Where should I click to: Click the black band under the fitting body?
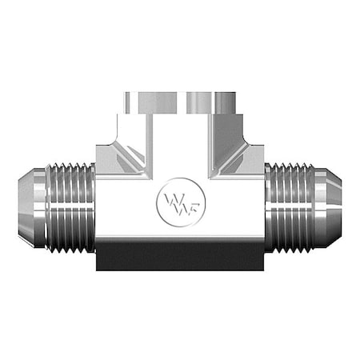pyautogui.click(x=179, y=258)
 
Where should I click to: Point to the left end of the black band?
pyautogui.click(x=99, y=258)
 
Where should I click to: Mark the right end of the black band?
pyautogui.click(x=261, y=258)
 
